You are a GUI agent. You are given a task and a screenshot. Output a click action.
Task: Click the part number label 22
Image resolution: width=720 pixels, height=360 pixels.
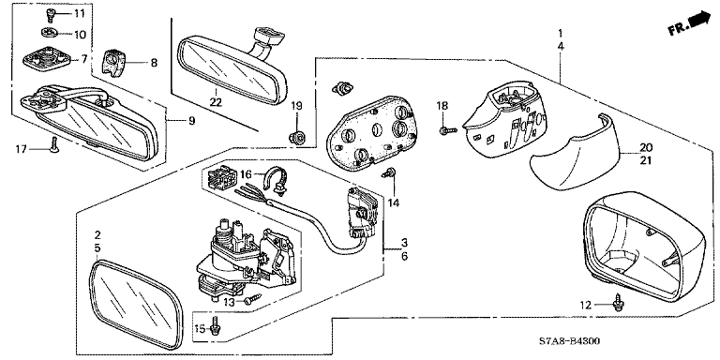(x=216, y=103)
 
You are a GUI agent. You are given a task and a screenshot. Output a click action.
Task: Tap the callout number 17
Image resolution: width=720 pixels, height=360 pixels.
(x=22, y=149)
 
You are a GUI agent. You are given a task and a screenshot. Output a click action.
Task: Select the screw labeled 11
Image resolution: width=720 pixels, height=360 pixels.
(x=50, y=16)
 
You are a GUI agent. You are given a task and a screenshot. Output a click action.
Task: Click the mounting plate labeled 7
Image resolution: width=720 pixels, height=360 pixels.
(x=47, y=58)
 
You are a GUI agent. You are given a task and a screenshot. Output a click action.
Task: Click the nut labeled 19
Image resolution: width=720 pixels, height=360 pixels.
(x=296, y=136)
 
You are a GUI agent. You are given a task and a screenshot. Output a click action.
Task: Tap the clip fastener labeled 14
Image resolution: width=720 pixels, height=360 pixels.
(x=390, y=173)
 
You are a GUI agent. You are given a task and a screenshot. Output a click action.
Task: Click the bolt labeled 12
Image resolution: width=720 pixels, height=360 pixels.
(x=618, y=304)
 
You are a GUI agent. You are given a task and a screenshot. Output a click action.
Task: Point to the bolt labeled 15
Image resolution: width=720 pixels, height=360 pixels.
(x=214, y=326)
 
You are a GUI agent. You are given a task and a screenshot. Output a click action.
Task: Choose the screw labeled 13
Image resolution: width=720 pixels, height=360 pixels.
(x=252, y=299)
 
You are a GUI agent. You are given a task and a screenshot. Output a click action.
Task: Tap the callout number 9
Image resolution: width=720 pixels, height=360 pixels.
(x=191, y=121)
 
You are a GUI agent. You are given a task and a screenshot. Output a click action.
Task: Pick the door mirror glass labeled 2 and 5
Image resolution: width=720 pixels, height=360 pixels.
(x=137, y=303)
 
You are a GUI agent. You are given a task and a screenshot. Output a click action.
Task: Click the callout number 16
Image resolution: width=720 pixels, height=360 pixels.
(x=247, y=173)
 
